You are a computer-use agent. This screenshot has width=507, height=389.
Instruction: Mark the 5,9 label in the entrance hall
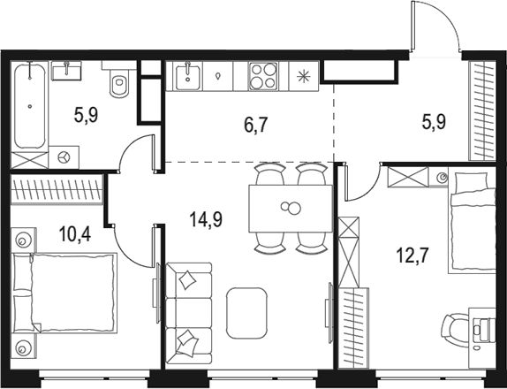point(432,123)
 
